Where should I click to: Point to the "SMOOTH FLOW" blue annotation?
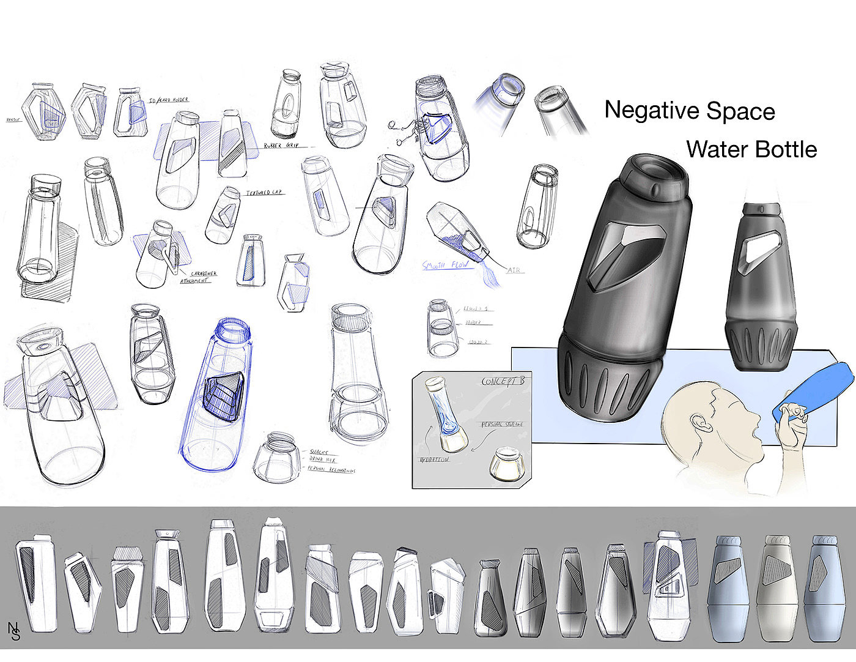445,266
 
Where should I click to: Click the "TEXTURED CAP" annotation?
265,193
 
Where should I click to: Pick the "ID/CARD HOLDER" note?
168,100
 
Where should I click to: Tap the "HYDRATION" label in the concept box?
434,459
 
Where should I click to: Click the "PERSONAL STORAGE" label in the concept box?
501,424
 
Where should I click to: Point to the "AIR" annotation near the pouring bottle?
514,270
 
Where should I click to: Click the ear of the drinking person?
698,425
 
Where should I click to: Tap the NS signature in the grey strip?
14,631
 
